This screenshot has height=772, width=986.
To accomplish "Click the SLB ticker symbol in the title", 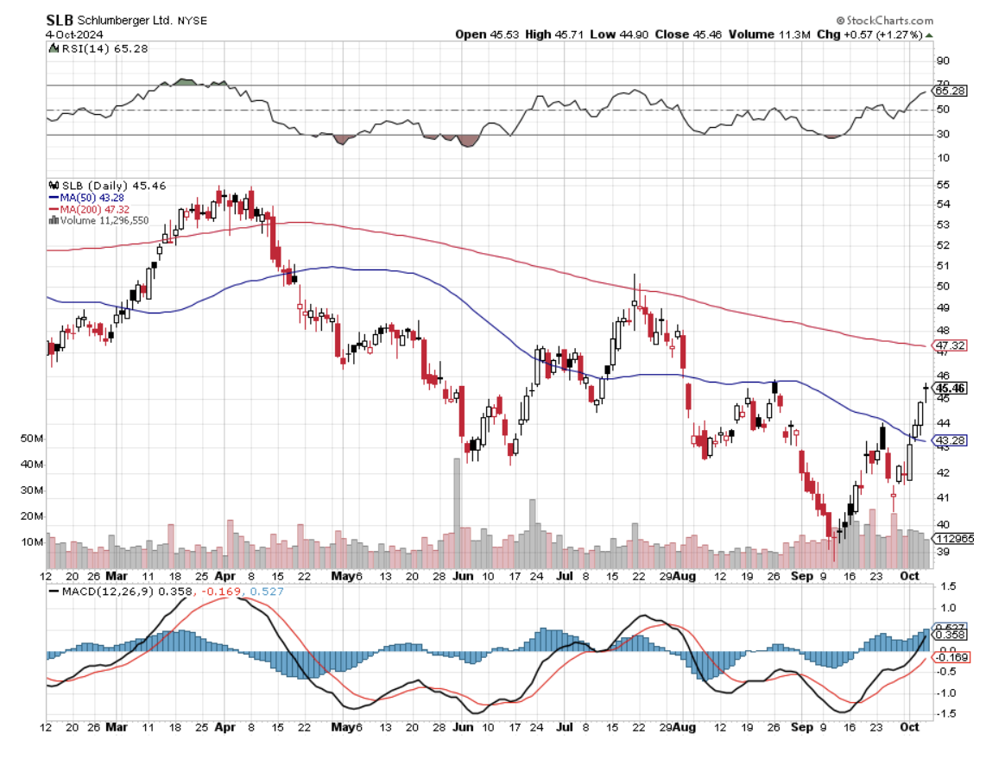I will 60,19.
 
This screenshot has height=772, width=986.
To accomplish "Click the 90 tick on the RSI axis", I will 944,60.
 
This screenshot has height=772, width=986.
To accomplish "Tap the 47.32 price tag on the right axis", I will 950,345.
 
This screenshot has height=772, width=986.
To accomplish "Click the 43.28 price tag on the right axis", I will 950,440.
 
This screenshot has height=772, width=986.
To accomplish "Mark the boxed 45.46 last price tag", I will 950,389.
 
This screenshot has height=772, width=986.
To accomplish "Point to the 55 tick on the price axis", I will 944,185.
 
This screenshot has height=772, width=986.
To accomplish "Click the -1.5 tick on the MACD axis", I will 946,713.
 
